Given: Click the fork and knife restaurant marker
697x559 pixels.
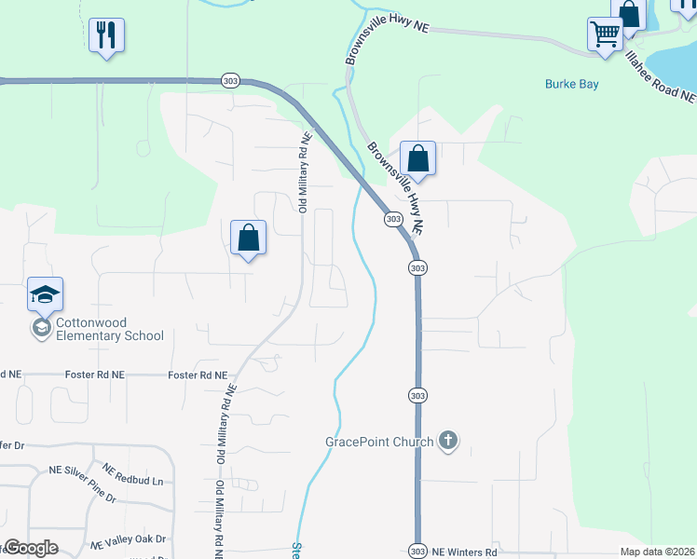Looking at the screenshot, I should click(106, 36).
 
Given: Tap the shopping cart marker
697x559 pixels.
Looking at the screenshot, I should click(606, 35).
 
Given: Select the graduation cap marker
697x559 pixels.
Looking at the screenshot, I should click(45, 296).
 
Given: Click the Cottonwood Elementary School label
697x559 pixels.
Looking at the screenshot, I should click(109, 329).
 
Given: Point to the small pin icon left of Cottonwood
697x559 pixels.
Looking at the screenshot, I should click(41, 328).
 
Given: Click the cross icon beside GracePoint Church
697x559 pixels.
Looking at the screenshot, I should click(448, 441).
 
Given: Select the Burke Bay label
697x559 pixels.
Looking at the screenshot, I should click(571, 84).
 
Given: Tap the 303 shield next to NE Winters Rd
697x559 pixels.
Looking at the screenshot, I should click(417, 552).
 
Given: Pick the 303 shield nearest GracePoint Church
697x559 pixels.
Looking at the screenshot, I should click(417, 395).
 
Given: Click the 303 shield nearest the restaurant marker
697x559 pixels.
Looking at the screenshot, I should click(231, 81).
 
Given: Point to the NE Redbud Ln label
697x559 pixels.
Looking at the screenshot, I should click(132, 475).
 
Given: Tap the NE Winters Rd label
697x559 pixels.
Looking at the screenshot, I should click(463, 552).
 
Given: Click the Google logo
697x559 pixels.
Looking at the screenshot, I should click(30, 547).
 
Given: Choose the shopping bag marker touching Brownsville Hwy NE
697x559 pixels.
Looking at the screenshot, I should click(418, 159).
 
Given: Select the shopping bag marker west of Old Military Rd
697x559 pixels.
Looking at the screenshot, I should click(249, 238).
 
